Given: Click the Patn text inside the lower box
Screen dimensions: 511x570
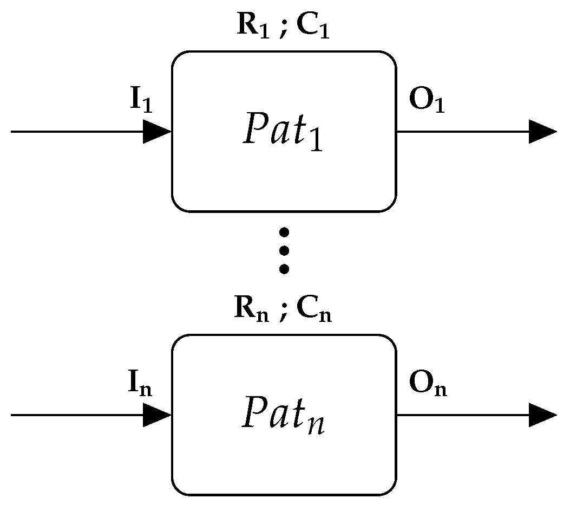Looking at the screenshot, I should [283, 415].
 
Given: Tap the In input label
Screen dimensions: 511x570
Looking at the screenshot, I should [140, 386].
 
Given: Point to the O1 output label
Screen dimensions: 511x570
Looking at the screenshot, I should [427, 102].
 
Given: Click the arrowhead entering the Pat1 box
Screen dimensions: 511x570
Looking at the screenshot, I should [157, 132].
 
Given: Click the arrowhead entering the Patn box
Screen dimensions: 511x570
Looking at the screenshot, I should [157, 415].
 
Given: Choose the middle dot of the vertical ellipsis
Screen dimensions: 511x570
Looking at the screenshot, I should [284, 250].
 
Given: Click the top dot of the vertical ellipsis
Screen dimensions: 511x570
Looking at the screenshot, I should [284, 232].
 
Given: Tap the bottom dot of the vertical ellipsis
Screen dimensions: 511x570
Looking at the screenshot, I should [284, 268].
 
